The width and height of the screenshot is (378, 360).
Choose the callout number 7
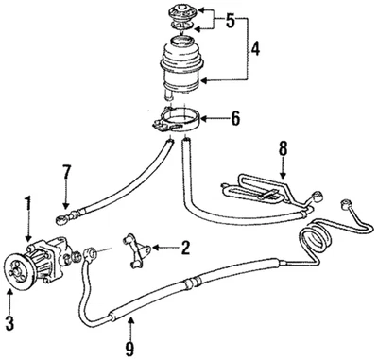pos(65,173)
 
